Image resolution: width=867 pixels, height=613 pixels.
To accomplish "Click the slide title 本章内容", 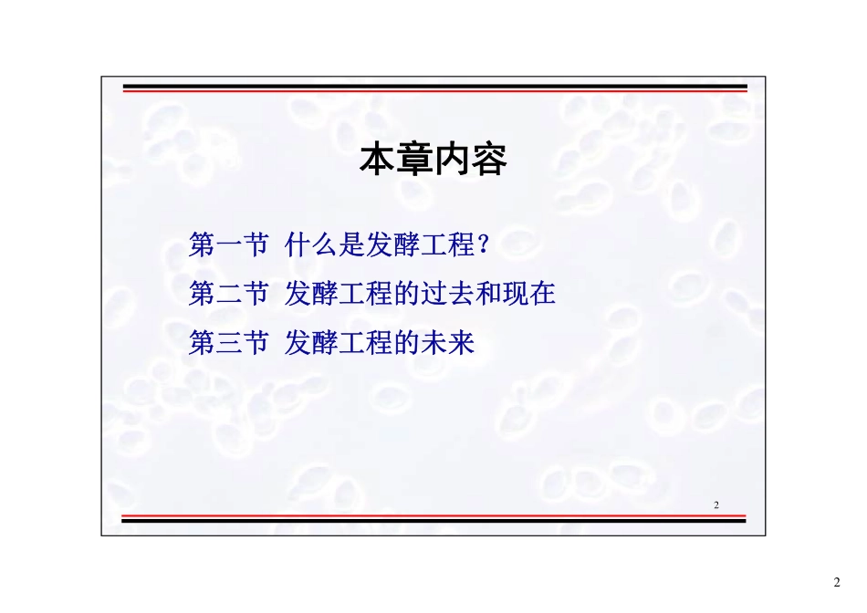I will (433, 161).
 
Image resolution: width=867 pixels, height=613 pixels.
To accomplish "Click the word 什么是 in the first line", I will (325, 245).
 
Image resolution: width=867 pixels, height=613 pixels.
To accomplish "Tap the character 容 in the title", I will (489, 161).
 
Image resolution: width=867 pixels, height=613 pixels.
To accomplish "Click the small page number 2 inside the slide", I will (716, 504).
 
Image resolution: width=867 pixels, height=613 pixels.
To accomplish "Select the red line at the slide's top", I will (434, 90).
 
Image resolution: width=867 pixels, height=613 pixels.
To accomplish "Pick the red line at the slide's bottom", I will (434, 516).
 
